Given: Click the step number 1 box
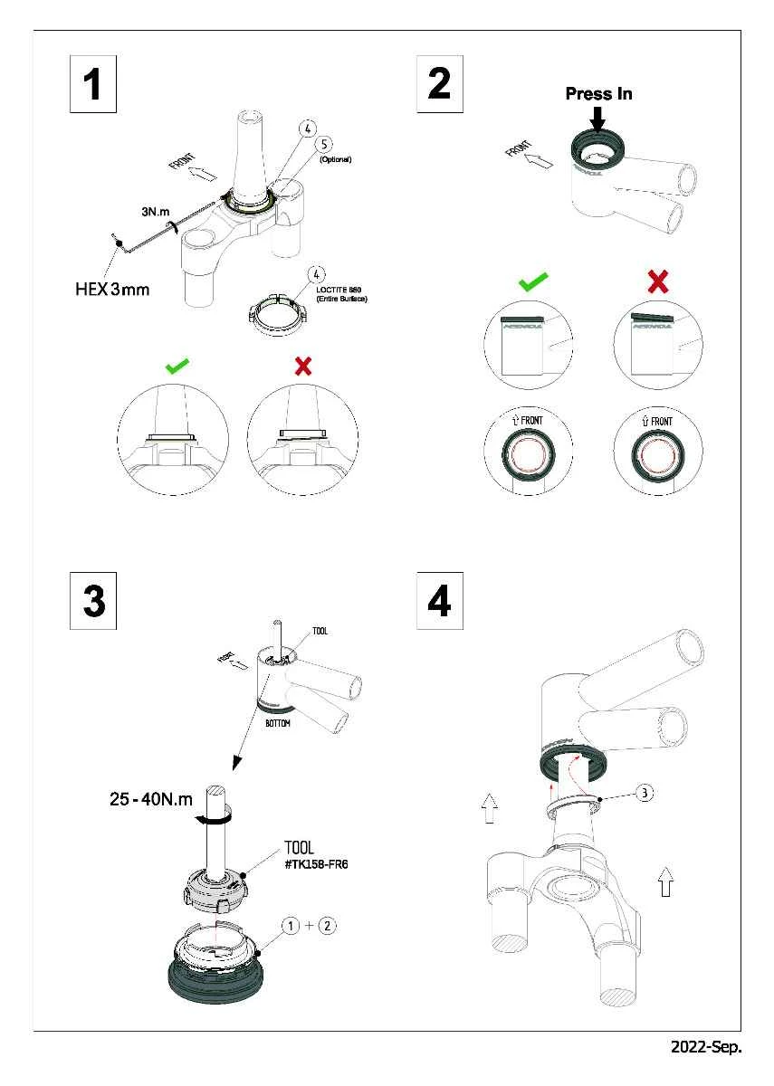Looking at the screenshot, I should click(93, 84).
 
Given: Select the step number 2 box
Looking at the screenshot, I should click(439, 84).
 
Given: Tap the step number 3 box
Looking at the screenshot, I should click(93, 601).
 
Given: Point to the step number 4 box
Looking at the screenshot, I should click(439, 601).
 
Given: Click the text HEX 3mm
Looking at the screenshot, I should click(111, 291).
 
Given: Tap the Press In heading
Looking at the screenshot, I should click(598, 94).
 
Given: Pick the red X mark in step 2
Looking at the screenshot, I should click(658, 282).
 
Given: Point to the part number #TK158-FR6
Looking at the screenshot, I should click(316, 864).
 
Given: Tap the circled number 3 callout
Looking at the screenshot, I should click(642, 794).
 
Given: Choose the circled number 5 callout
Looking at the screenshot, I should click(323, 145).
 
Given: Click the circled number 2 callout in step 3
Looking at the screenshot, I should click(328, 925).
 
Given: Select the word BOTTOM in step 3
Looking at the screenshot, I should click(278, 725).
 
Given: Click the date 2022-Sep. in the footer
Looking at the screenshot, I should click(705, 1047).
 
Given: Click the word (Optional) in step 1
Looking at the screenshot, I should click(335, 159).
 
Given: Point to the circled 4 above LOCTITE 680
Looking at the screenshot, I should click(316, 273).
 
